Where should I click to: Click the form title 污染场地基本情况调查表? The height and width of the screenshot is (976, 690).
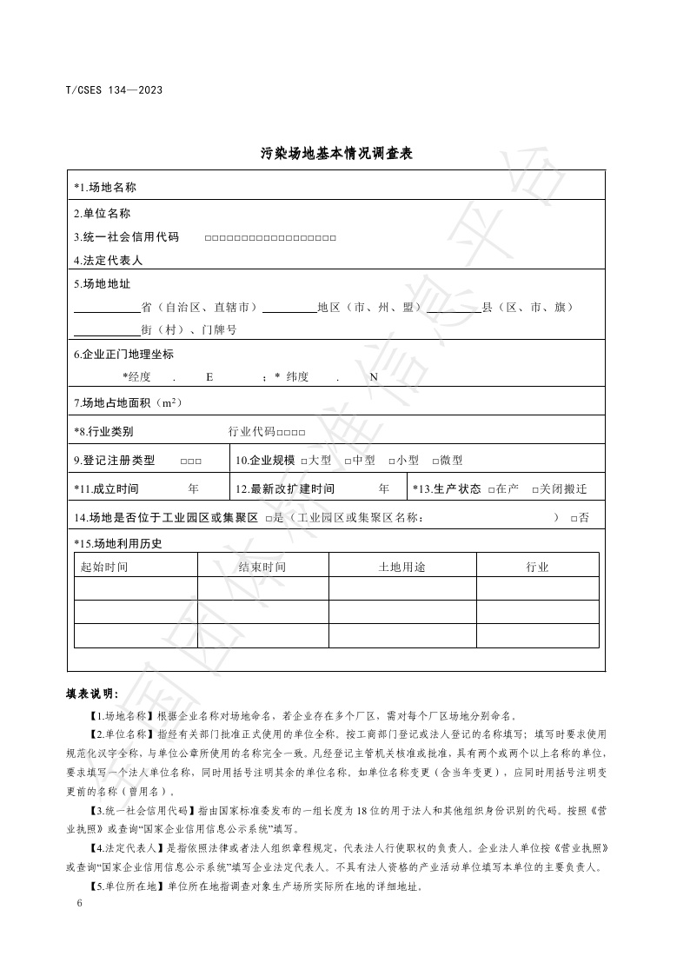coord(335,154)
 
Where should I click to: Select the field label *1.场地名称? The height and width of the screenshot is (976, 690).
coord(105,187)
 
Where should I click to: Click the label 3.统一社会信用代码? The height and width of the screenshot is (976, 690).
coord(127,236)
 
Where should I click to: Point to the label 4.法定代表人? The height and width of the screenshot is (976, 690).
coord(109,260)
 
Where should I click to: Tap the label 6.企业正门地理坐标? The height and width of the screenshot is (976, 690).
coord(124,354)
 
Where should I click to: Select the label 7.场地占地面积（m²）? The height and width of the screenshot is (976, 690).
coord(128,402)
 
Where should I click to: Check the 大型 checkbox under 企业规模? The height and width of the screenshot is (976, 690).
coord(304,461)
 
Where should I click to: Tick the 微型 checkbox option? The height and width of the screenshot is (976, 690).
coord(435,461)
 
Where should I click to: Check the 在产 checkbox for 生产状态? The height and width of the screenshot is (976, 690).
coord(492,489)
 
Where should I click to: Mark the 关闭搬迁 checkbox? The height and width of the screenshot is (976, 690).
coord(535,489)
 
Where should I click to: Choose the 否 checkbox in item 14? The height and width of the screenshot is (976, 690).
coord(574,519)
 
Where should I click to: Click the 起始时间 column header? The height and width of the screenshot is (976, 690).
coord(104,567)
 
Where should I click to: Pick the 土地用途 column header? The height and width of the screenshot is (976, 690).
coord(401,567)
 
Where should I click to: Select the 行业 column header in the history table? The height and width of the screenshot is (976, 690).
coord(537,567)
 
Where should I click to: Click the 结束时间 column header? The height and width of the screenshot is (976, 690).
coord(262,567)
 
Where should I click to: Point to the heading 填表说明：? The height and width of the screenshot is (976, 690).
coord(93,694)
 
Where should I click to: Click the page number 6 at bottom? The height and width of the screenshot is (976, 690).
coord(79,904)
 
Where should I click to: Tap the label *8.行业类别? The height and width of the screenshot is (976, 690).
coord(103,431)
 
